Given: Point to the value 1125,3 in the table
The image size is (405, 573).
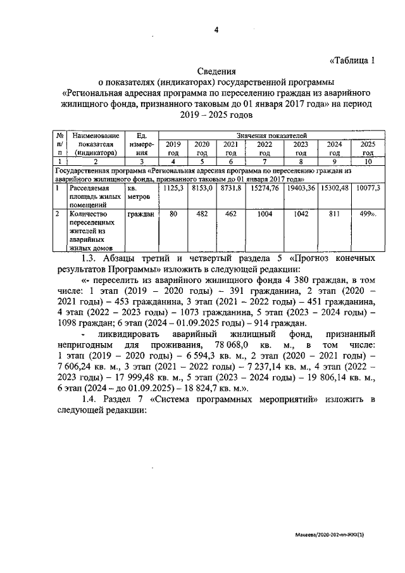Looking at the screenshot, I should [173, 188].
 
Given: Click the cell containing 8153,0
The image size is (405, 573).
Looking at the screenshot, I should [202, 188].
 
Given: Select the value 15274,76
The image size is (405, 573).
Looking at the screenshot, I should [265, 188].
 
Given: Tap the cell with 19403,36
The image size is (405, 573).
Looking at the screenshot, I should [301, 188].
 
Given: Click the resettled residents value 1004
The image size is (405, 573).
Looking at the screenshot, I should [265, 215].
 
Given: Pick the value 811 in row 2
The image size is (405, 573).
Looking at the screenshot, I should [334, 215].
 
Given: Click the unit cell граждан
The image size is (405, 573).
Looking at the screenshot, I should [140, 215].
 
